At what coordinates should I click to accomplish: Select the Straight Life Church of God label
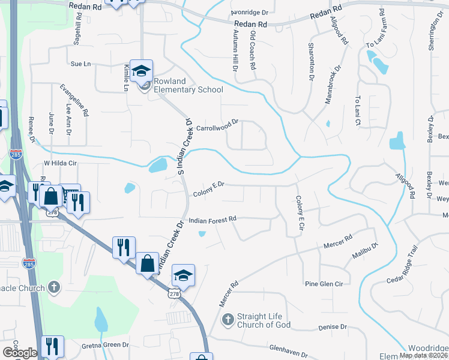point(264,320)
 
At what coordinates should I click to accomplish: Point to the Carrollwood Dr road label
point(217,125)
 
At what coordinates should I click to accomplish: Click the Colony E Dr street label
point(208,189)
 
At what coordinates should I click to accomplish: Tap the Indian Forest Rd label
point(213,220)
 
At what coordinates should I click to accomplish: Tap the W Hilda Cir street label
point(62,163)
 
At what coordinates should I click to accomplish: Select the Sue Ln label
point(80,63)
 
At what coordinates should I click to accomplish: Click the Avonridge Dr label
point(249,12)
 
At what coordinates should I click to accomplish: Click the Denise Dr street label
point(329,328)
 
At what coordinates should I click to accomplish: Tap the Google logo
point(19,353)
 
